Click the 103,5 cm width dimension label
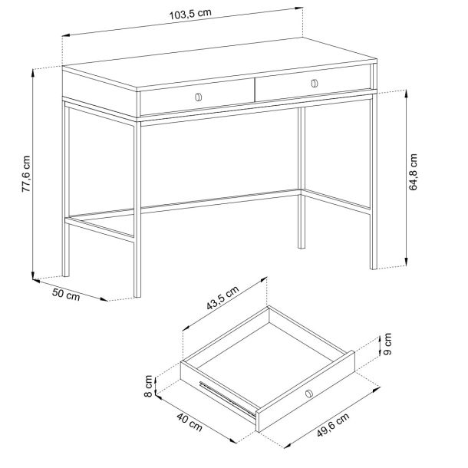point(190,14)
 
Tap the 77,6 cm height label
point(26,174)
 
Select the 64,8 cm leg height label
point(413,172)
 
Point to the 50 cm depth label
point(66,294)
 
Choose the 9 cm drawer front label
point(387,344)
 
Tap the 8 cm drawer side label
point(148,386)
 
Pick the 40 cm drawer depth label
point(190,422)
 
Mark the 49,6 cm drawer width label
point(333,425)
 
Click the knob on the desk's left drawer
point(199,97)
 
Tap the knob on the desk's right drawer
point(315,84)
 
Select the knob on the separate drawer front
point(309,394)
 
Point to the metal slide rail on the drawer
point(227,399)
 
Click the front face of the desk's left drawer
point(197,97)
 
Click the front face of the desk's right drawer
point(312,83)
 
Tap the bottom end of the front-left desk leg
point(137,297)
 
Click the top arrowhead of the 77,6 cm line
point(32,71)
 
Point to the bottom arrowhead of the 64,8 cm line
point(406,263)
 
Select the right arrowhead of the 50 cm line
point(105,299)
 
